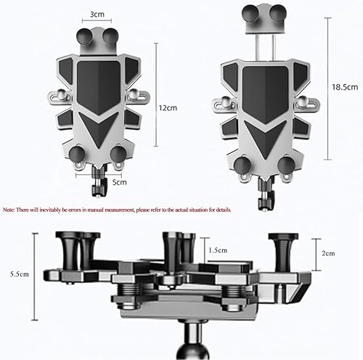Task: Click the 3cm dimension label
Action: click(x=96, y=15)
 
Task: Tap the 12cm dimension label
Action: click(x=167, y=107)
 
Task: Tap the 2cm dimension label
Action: click(x=329, y=253)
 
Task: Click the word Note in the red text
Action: click(x=8, y=209)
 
